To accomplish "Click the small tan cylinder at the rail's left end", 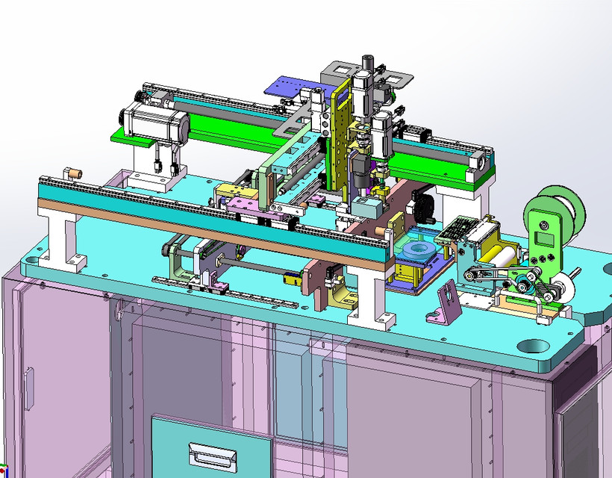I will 73,173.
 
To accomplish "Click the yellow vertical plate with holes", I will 341,142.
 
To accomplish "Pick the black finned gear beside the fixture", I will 425,208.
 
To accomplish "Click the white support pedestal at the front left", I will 63,239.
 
